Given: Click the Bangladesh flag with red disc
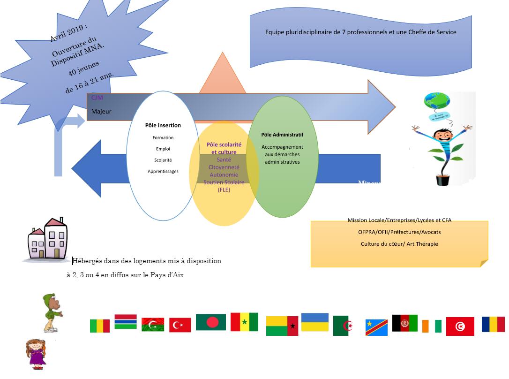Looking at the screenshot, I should tap(211, 322).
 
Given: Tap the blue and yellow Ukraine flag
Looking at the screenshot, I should tap(314, 322).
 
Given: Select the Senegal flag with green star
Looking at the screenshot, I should tap(244, 322).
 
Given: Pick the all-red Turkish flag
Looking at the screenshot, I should tap(180, 325).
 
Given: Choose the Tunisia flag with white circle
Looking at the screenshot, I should tap(460, 326).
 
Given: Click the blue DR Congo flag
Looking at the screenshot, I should tap(376, 327).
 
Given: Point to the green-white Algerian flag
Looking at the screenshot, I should tap(343, 326).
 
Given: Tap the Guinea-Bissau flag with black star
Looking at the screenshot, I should tap(282, 326).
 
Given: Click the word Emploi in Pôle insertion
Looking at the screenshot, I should tap(163, 149).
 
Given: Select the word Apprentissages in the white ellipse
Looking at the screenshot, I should tap(163, 171).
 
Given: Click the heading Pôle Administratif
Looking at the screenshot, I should tap(282, 135).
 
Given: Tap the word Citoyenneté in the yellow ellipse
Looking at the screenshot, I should tap(224, 167).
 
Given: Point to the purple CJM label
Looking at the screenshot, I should tap(97, 98).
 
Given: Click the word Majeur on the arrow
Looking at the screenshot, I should tap(101, 112).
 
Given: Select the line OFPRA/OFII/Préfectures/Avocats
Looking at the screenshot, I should tap(399, 232).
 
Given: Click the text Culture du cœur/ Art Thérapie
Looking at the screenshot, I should tap(399, 244).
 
